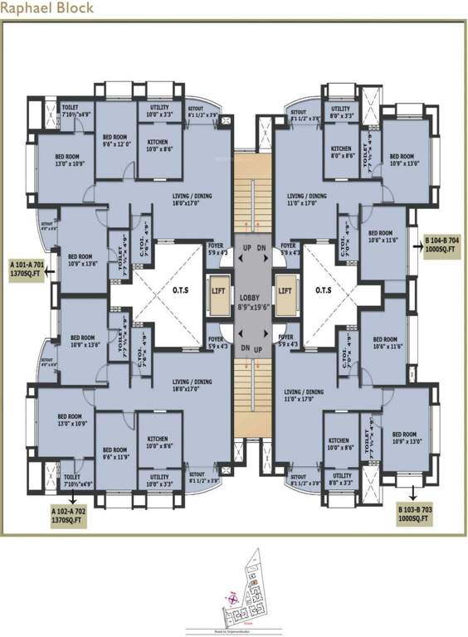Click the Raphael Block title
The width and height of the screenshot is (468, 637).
(x=47, y=8)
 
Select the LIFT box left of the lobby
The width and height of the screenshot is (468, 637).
(x=219, y=292)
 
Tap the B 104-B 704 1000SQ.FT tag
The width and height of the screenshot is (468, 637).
(x=441, y=246)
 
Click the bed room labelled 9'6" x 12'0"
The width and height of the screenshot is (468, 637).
(x=114, y=139)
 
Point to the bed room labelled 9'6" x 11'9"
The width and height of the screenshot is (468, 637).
(x=114, y=452)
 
